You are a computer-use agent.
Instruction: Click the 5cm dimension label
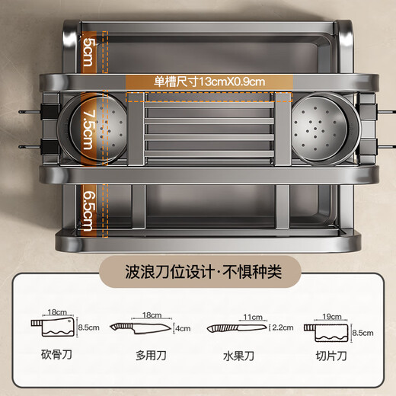coord(88,52)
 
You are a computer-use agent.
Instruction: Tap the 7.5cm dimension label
coord(88,129)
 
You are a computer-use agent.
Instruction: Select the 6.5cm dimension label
coord(88,211)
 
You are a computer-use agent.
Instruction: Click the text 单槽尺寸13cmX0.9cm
coord(209,81)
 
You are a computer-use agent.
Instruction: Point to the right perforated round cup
coord(326,129)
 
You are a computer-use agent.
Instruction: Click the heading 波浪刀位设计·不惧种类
coord(203,272)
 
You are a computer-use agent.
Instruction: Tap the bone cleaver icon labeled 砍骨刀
coord(53,327)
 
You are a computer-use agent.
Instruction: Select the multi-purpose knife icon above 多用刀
coord(140,328)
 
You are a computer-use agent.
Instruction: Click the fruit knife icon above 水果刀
coord(237,328)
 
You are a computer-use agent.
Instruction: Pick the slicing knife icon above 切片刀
coord(326,333)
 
